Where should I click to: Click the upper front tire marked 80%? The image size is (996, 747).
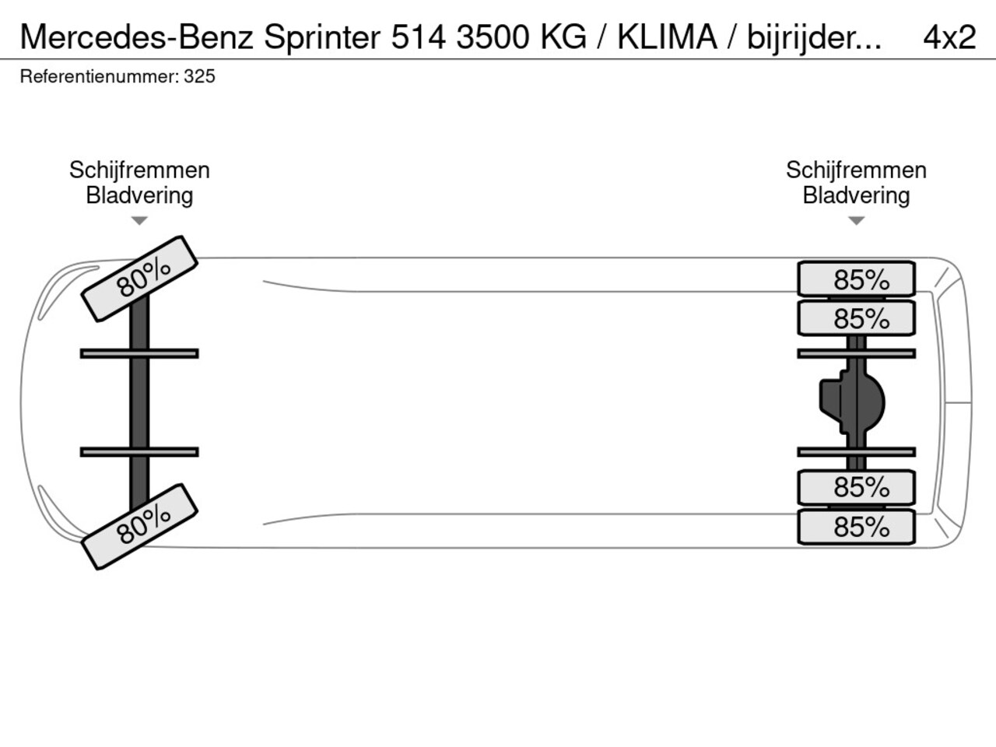(139, 279)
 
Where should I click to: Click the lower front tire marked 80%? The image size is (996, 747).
(139, 527)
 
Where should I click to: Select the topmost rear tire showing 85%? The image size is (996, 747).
(856, 279)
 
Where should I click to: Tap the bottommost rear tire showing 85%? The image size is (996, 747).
(856, 527)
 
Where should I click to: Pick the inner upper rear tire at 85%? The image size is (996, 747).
(856, 318)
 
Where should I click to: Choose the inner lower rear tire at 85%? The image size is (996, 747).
(856, 488)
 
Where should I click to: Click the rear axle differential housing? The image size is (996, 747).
(852, 402)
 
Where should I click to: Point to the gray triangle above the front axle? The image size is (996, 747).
(139, 221)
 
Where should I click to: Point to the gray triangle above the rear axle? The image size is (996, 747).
(856, 221)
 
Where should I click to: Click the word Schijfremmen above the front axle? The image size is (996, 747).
(139, 170)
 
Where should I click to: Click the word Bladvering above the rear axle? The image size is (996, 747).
(856, 196)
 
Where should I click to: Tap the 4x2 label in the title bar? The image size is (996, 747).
(949, 37)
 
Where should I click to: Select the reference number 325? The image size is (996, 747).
(199, 77)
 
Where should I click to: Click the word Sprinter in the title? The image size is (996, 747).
(322, 37)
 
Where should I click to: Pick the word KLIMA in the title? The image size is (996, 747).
(668, 37)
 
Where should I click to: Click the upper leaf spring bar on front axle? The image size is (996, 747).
(139, 353)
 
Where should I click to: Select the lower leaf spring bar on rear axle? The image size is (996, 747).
(856, 452)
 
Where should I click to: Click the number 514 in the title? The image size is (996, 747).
(419, 37)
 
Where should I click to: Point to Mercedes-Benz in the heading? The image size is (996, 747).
(137, 37)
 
